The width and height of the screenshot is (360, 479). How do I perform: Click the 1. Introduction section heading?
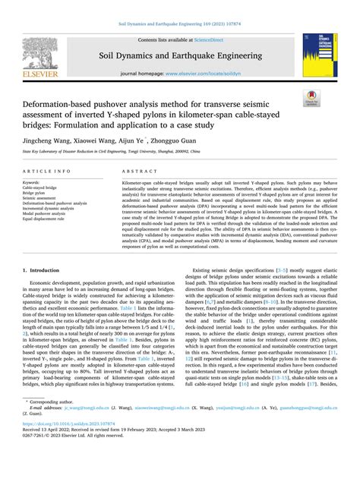point(42,270)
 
